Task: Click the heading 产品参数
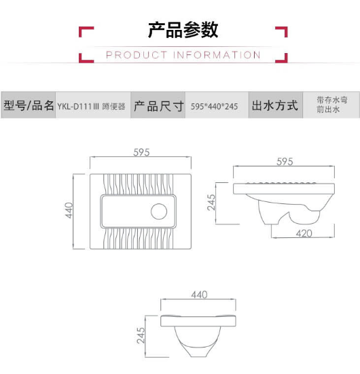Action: coord(183,30)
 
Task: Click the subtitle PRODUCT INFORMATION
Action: coord(183,55)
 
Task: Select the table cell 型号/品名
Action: coord(29,105)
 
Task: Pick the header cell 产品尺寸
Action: coord(158,105)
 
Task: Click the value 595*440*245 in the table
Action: coord(214,106)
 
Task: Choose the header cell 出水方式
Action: coord(275,105)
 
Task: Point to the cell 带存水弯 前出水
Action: coord(332,105)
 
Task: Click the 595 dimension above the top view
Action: coord(141,152)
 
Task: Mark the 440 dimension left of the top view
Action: coord(69,210)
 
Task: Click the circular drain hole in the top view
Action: coord(159,211)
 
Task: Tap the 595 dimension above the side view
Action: coord(285,162)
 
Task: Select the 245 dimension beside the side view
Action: coord(211,202)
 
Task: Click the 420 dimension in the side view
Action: coord(304,233)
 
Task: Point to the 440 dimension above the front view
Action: coord(199,295)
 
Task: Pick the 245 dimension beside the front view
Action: coord(141,335)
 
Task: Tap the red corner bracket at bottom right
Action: coord(284,60)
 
